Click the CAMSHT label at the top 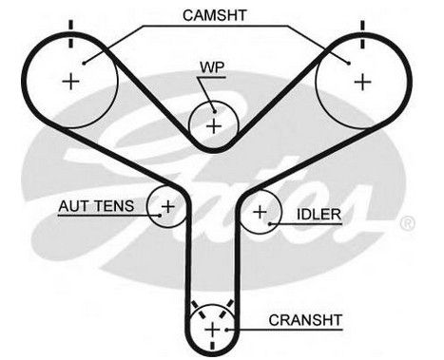pyautogui.click(x=215, y=15)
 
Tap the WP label pyautogui.click(x=212, y=67)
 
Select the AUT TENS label pyautogui.click(x=96, y=206)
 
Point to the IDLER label pyautogui.click(x=319, y=215)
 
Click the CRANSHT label pyautogui.click(x=305, y=320)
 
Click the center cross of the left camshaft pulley pyautogui.click(x=70, y=82)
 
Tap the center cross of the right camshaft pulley pyautogui.click(x=362, y=82)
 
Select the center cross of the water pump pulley pyautogui.click(x=214, y=126)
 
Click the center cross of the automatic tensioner pyautogui.click(x=168, y=207)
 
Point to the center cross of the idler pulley pyautogui.click(x=260, y=212)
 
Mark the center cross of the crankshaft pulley pyautogui.click(x=212, y=331)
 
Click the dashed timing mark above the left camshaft pyautogui.click(x=70, y=34)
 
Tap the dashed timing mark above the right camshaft pyautogui.click(x=362, y=34)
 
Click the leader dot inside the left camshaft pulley pyautogui.click(x=84, y=63)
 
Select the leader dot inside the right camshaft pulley pyautogui.click(x=349, y=63)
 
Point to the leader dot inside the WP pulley pyautogui.click(x=215, y=111)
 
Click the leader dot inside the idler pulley pyautogui.click(x=270, y=224)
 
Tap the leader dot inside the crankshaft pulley pyautogui.click(x=227, y=330)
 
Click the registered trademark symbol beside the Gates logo pyautogui.click(x=408, y=223)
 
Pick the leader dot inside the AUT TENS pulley pyautogui.click(x=160, y=216)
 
